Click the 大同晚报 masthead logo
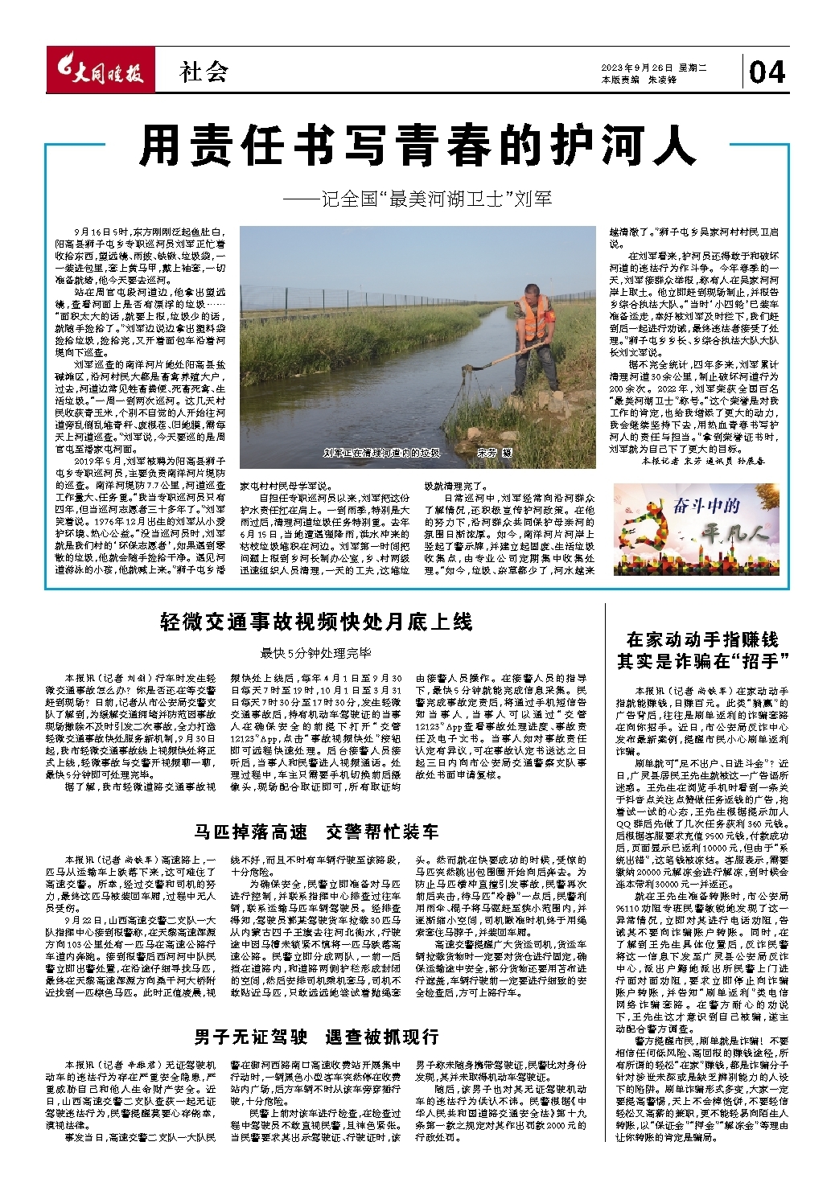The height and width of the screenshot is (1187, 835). click(x=99, y=73)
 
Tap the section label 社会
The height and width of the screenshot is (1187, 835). click(x=204, y=72)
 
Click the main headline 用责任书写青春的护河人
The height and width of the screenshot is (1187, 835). click(x=417, y=147)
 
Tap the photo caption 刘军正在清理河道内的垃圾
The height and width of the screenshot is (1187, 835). click(x=382, y=453)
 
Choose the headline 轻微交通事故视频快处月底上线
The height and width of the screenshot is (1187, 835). click(x=317, y=622)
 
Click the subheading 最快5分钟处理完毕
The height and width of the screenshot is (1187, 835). click(x=315, y=653)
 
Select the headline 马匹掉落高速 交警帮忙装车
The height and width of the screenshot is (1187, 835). click(x=316, y=832)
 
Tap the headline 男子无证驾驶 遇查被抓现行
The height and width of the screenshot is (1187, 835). click(x=316, y=1037)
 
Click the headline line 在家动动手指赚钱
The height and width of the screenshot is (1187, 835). click(x=702, y=640)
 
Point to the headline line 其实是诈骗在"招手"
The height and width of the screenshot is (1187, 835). click(x=702, y=661)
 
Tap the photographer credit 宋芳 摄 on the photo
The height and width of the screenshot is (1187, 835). click(x=494, y=453)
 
